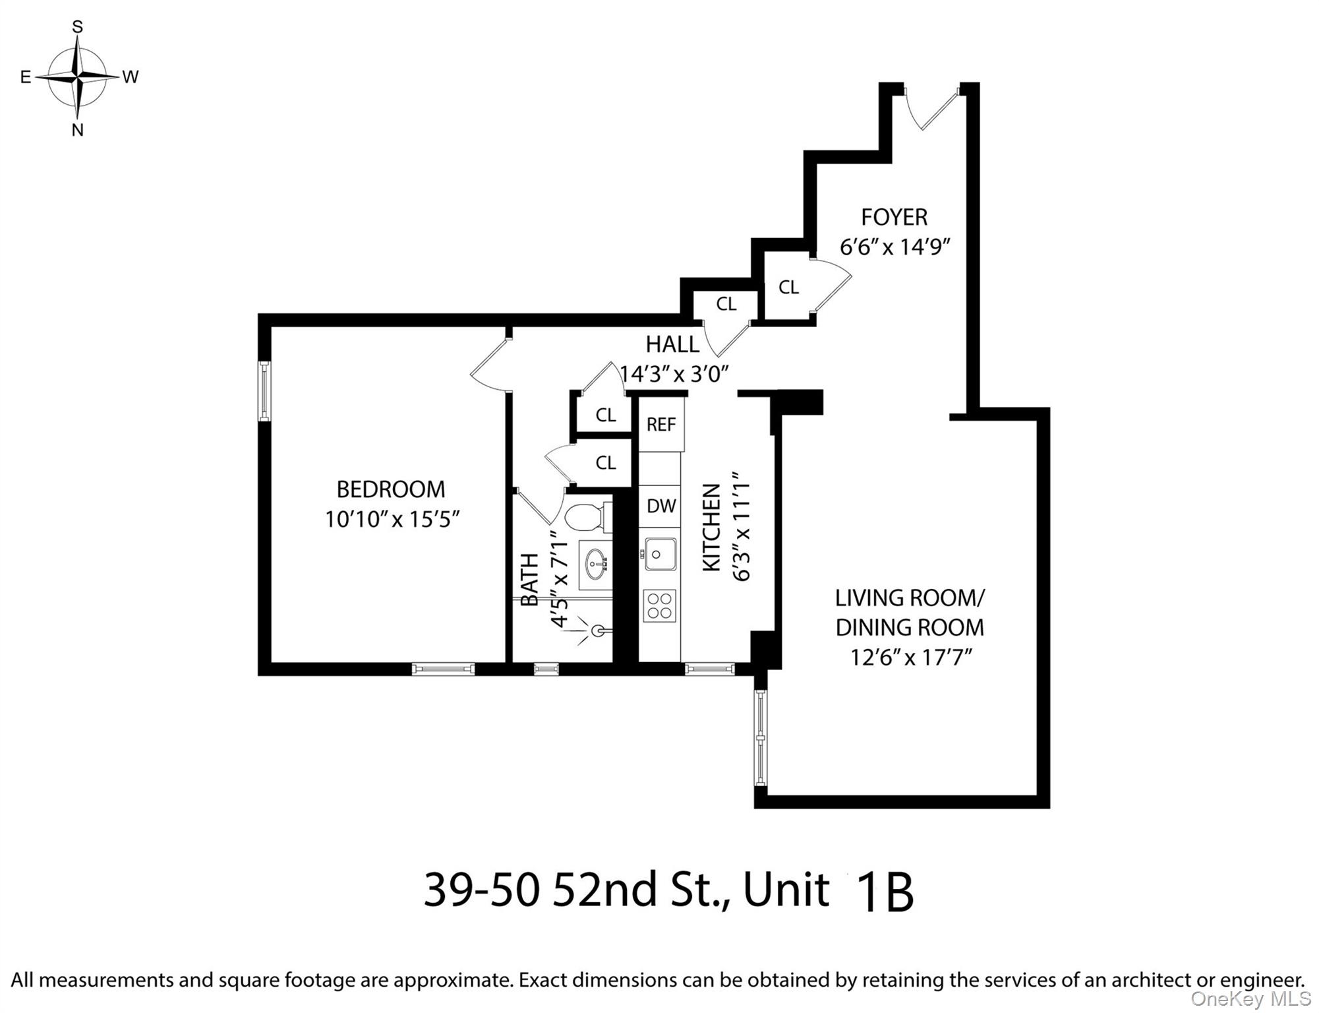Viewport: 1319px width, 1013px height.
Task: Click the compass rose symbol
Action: click(78, 77)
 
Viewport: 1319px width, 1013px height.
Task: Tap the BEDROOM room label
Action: click(390, 489)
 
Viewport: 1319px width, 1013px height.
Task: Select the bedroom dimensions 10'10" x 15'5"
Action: click(391, 520)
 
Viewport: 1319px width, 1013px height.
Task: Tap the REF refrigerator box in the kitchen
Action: click(661, 424)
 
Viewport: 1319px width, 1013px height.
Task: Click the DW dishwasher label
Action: click(660, 506)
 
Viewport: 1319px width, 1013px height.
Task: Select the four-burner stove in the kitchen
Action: click(660, 606)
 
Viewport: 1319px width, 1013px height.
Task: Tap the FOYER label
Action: click(894, 217)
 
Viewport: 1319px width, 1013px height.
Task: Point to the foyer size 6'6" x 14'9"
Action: click(894, 247)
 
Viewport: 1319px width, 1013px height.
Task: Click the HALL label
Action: click(672, 344)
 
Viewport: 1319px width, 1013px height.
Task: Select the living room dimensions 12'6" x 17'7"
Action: click(910, 658)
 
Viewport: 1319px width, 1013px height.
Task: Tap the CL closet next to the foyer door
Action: click(788, 288)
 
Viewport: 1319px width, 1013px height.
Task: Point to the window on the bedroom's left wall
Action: click(264, 390)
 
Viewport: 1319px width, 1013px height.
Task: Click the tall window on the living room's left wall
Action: click(761, 737)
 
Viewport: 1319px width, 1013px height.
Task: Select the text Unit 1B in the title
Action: click(828, 891)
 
